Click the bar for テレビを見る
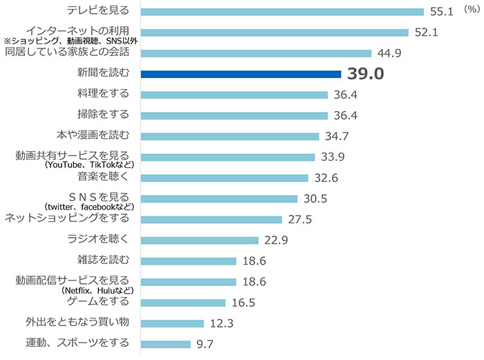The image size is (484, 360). pos(281,12)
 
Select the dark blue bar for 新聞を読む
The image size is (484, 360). pos(241,74)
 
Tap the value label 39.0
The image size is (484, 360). pos(366,74)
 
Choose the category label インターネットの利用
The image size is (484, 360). pos(77,31)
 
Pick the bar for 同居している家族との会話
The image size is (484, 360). pos(256,53)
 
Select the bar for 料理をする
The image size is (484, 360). pos(234,95)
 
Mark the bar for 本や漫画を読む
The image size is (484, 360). pos(230,136)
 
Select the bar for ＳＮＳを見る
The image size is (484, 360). pos(218,198)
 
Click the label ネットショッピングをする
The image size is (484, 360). pos(67,218)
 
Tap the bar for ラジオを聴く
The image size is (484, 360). pos(199,240)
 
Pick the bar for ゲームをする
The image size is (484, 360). pos(183,302)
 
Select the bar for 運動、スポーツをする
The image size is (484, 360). pos(165,343)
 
